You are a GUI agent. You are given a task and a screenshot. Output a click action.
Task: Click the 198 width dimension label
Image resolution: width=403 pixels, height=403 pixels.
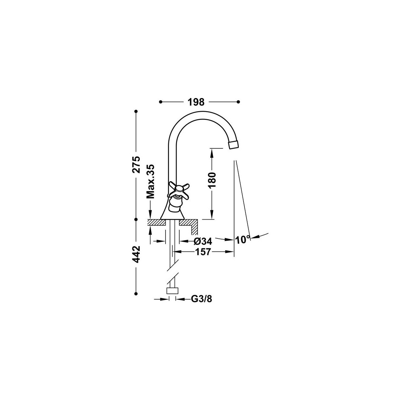pos(196,102)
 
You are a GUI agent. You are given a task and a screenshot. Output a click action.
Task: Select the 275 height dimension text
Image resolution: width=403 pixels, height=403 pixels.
pos(136,164)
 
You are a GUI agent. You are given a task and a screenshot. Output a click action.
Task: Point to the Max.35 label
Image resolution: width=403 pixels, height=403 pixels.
pos(150,181)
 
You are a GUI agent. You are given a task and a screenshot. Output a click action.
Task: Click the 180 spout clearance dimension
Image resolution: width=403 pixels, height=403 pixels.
pos(212,180)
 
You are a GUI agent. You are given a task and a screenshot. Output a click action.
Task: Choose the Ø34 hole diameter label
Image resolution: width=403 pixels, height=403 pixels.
pos(203,241)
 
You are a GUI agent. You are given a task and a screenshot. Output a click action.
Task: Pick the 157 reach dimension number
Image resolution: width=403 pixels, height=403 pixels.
pos(203,252)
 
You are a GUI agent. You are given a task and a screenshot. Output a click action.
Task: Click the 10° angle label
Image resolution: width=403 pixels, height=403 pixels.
pos(242,240)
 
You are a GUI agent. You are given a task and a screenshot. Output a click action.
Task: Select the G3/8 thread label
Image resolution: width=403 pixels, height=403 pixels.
pos(201,299)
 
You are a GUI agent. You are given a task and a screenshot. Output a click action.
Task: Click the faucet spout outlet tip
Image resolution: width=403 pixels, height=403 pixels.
pos(234,144)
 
